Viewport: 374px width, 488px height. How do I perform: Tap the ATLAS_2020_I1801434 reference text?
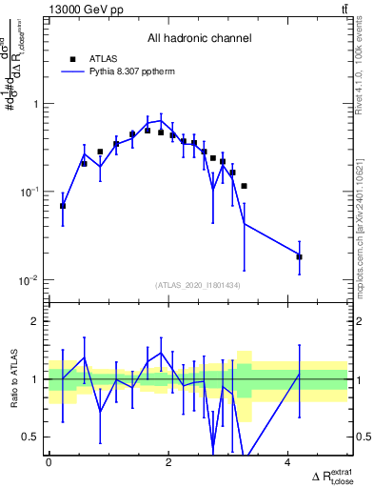pyautogui.click(x=198, y=285)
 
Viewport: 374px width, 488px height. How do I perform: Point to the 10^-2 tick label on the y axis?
pyautogui.click(x=30, y=280)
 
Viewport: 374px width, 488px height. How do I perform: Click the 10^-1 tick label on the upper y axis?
pyautogui.click(x=30, y=192)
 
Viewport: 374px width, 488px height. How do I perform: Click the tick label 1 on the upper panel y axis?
pyautogui.click(x=36, y=104)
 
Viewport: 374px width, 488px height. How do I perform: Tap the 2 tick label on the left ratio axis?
pyautogui.click(x=36, y=321)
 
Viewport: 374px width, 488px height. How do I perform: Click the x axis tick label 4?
pyautogui.click(x=287, y=462)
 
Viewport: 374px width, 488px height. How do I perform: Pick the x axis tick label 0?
pyautogui.click(x=49, y=462)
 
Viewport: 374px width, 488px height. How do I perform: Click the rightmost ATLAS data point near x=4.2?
pyautogui.click(x=299, y=256)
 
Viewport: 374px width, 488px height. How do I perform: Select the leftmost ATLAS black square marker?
pyautogui.click(x=63, y=206)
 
